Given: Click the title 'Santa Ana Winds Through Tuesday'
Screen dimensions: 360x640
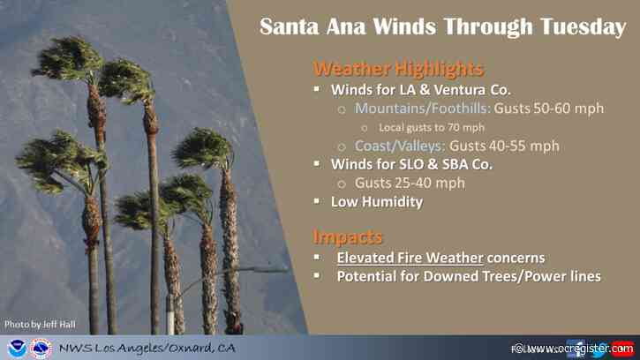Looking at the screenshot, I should [x=442, y=27].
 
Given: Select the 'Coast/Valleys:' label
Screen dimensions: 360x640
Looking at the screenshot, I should [x=400, y=146].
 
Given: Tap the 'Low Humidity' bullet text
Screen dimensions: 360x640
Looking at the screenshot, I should [x=376, y=202].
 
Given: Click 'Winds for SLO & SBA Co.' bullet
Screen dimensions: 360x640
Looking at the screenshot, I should [x=410, y=164].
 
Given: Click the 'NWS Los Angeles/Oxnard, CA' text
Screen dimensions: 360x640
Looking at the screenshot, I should [x=147, y=348].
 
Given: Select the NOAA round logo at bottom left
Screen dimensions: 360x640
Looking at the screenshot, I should [x=16, y=348].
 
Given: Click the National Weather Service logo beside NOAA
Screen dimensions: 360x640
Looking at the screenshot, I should [x=41, y=348].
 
